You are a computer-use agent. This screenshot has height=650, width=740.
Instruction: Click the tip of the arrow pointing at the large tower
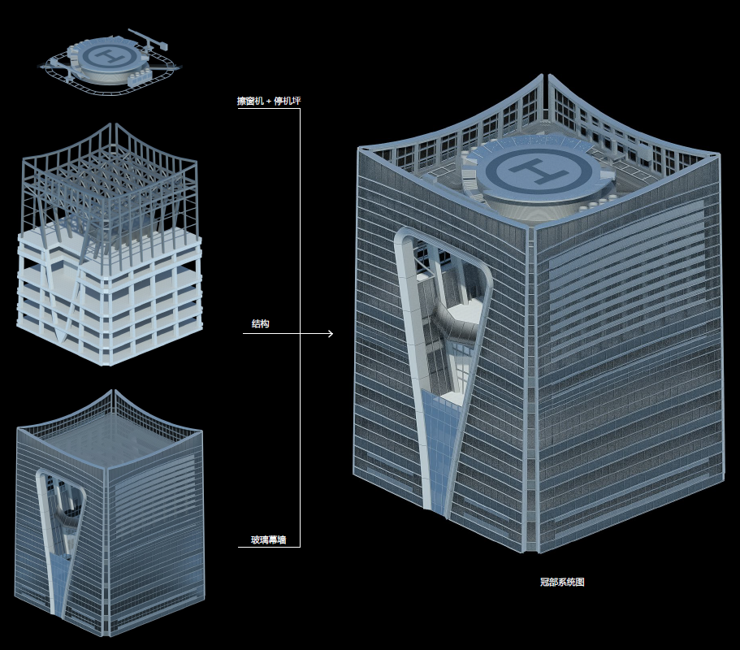[x=333, y=334]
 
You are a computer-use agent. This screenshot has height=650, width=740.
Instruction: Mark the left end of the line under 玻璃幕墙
[x=238, y=547]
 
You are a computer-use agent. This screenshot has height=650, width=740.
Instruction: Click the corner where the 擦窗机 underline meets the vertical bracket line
[x=301, y=109]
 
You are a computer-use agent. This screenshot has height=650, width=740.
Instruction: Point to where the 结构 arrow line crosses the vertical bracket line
[x=301, y=334]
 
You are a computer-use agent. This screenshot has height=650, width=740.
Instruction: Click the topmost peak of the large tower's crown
[x=543, y=74]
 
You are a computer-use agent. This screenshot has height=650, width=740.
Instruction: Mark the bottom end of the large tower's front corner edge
[x=531, y=552]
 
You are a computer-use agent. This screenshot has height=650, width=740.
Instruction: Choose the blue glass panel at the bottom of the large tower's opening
[x=438, y=453]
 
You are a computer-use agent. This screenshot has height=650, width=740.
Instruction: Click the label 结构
[x=261, y=324]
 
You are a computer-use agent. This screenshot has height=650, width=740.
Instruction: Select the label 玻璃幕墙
[x=269, y=539]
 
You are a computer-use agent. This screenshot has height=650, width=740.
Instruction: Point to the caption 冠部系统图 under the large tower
[x=562, y=582]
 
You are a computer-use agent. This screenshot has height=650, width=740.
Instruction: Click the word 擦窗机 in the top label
[x=250, y=101]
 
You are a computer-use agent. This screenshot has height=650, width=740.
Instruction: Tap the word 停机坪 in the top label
[x=288, y=101]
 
